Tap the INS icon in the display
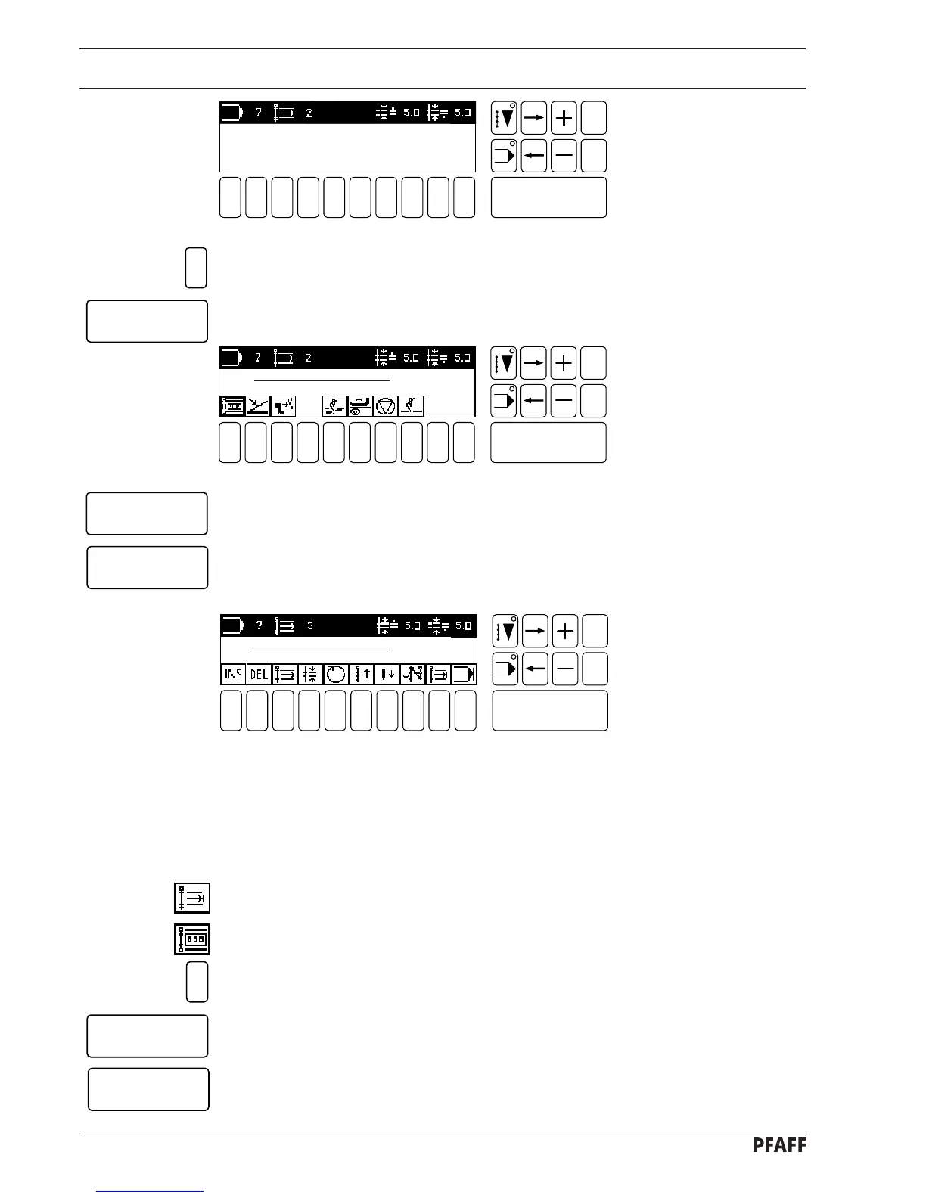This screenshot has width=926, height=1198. coord(233,674)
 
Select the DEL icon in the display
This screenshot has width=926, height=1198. coord(259,674)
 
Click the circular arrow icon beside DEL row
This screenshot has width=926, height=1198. coord(335,674)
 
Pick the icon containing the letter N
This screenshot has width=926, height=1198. coord(412,674)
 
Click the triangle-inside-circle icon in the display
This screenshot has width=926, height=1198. coord(386,406)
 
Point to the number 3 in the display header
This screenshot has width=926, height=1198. coord(310,626)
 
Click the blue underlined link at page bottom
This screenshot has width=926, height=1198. coord(150,1191)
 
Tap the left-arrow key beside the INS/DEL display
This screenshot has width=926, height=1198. coord(535,669)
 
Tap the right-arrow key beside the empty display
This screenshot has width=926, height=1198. coord(534,118)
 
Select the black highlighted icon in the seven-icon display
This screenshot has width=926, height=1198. coord(232,406)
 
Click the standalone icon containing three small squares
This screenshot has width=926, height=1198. coord(191,939)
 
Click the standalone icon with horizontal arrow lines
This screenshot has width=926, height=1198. coord(191,898)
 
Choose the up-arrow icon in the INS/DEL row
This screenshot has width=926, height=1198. coord(361,674)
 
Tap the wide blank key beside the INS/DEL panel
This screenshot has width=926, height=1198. coord(550,710)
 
